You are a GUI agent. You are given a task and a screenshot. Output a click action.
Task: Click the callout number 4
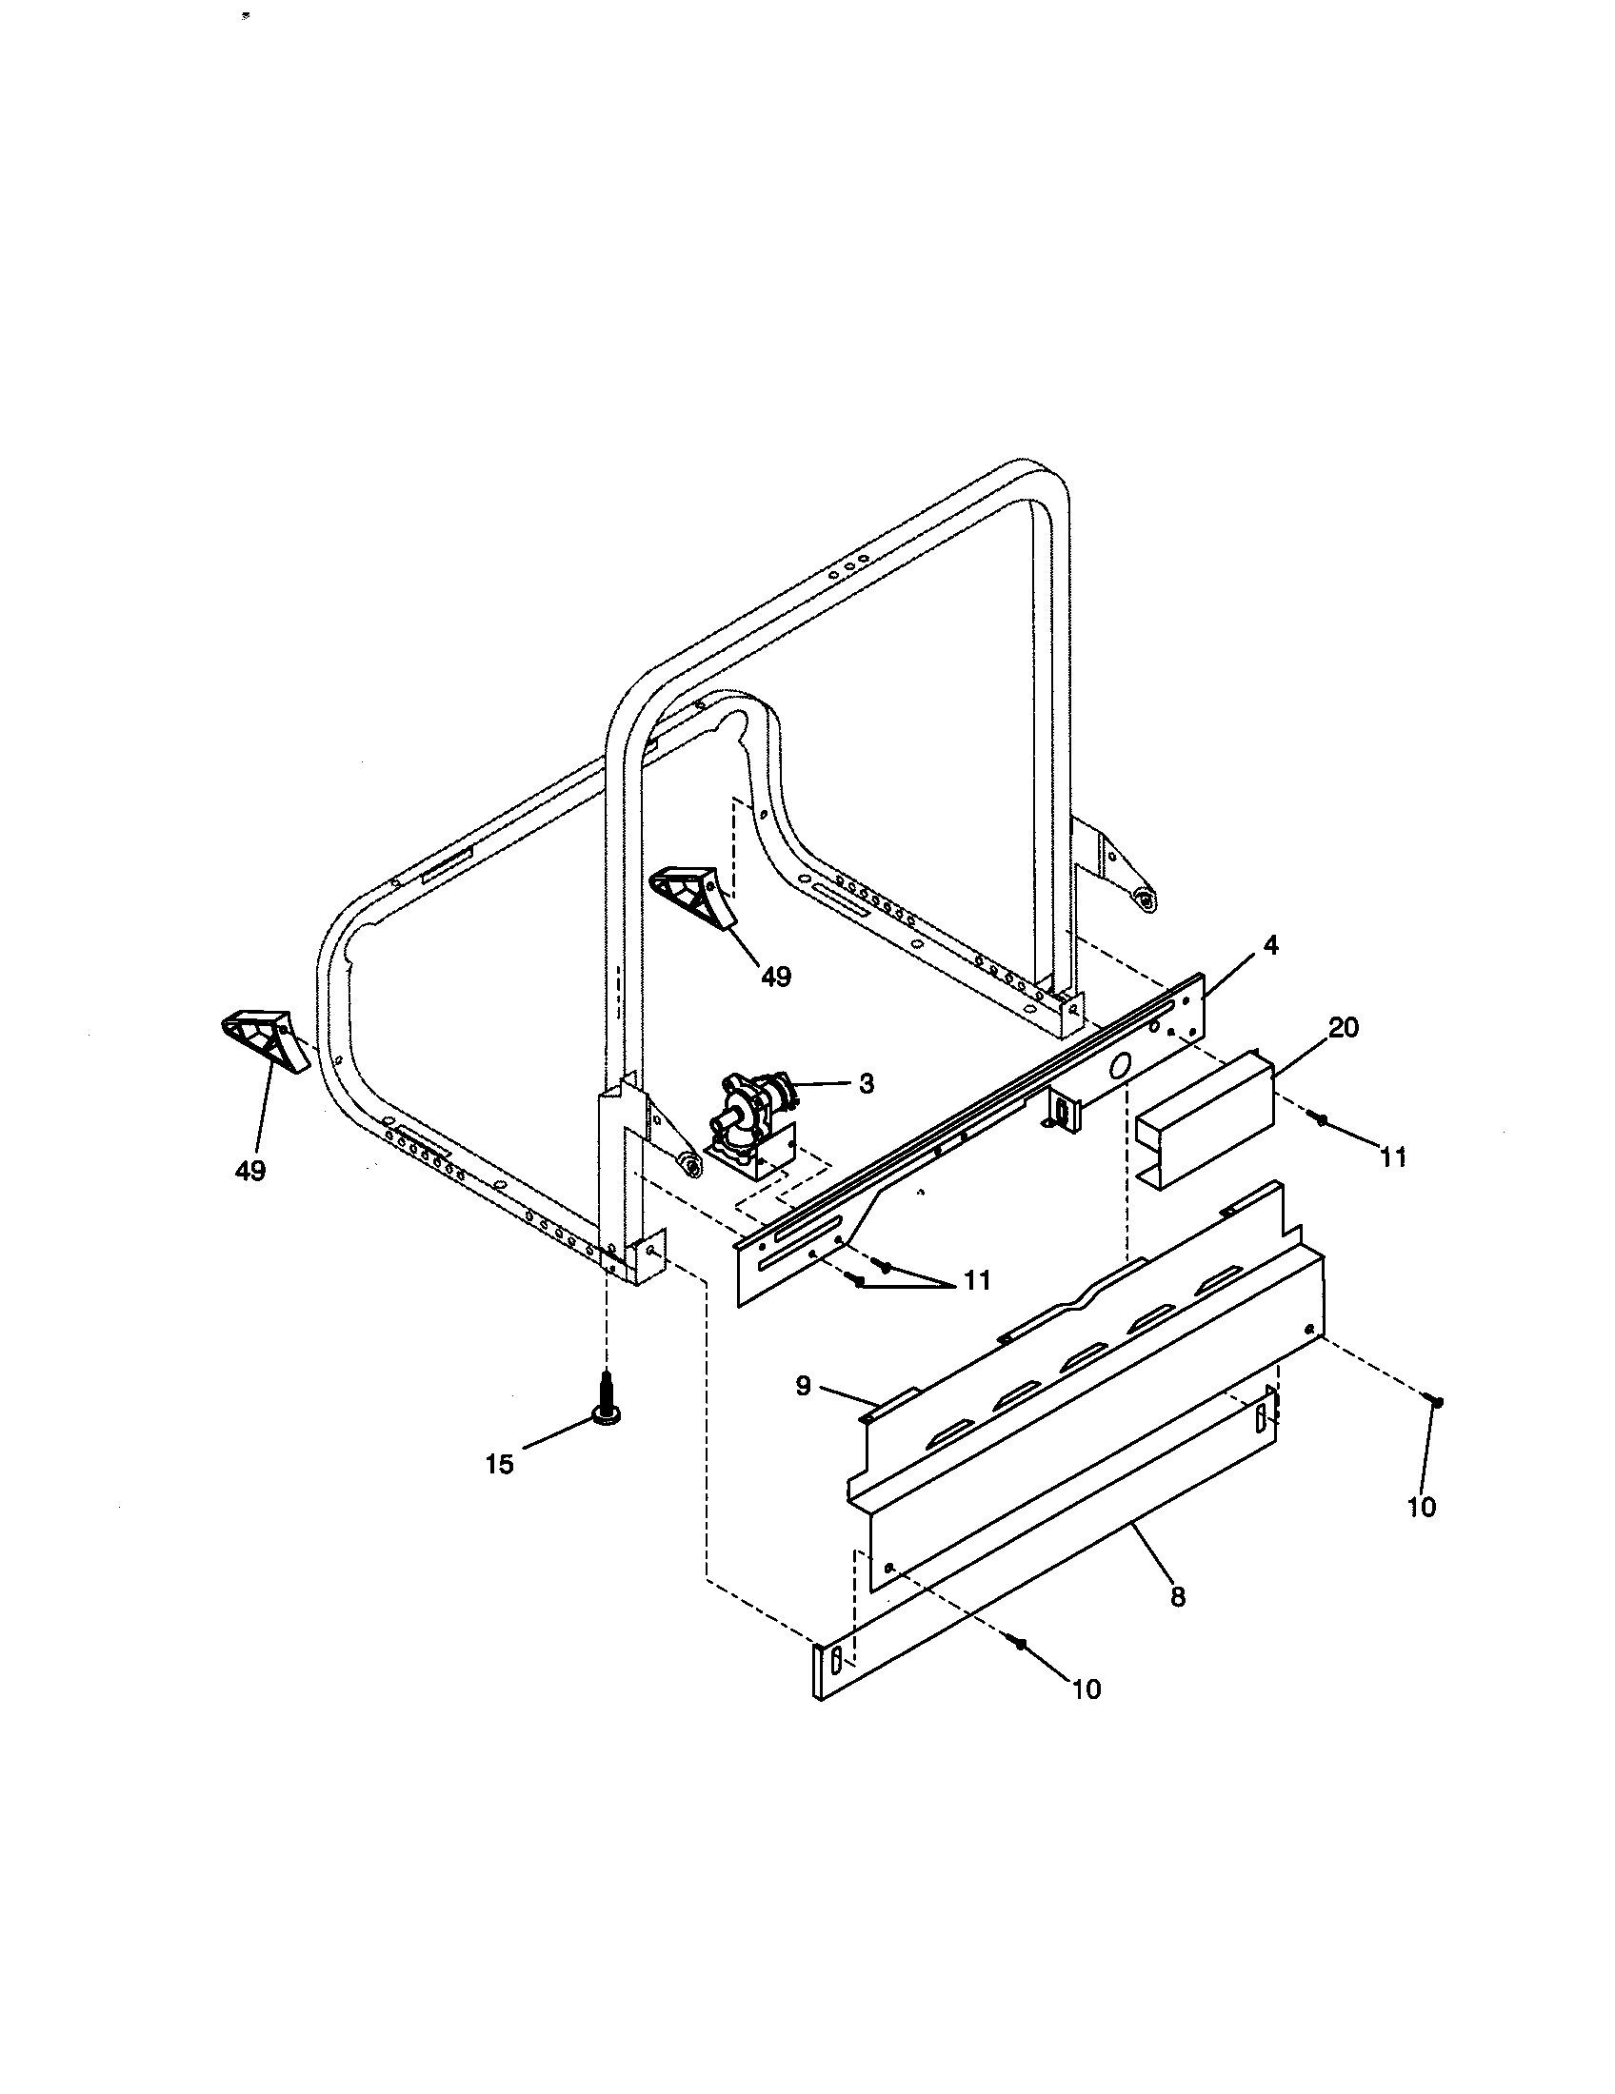coord(1269,945)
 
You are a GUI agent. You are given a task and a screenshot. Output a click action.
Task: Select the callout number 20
coord(1344,1028)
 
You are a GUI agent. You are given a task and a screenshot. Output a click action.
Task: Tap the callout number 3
coord(866,1084)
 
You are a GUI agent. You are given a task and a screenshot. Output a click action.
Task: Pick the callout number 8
coord(1178,1596)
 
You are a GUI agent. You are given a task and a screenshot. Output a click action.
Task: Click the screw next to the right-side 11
coord(1321,1119)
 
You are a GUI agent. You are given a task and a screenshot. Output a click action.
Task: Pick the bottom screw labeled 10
coord(1021,1644)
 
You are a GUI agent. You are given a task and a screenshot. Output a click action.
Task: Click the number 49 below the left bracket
coord(251,1170)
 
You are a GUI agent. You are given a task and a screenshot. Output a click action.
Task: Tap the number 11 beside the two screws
coord(976,1280)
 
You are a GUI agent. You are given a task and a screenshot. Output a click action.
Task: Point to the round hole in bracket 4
coord(1119,1065)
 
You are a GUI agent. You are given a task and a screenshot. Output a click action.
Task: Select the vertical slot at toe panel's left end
coord(835,1659)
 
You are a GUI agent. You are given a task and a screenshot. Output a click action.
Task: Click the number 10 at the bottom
coord(1087,1689)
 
